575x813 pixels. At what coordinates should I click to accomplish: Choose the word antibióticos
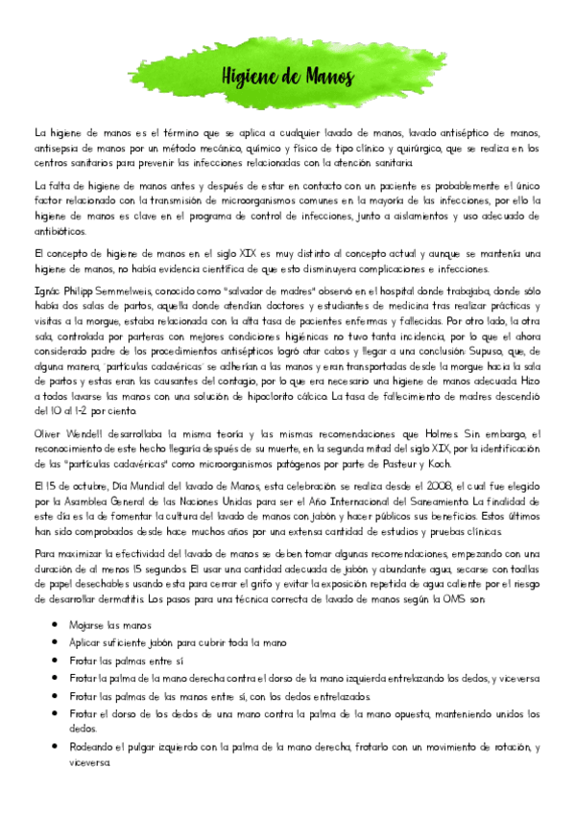coord(60,230)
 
